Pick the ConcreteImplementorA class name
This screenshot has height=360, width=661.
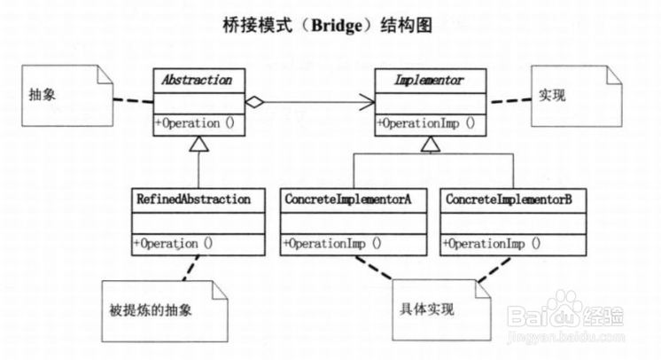pos(348,200)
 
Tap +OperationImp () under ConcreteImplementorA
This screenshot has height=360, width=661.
pos(333,242)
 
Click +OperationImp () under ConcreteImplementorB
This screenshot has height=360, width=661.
pos(492,242)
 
